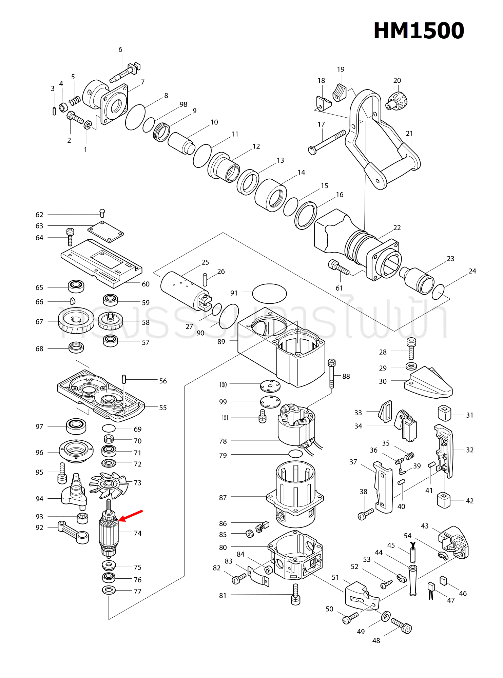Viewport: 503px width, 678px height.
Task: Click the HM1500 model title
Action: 419,31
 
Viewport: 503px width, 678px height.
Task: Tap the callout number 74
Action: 137,533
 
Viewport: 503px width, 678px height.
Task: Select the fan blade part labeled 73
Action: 109,485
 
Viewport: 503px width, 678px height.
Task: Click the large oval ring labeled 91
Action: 269,294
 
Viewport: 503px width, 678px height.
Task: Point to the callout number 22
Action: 397,228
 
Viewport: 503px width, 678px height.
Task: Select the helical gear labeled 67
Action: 76,321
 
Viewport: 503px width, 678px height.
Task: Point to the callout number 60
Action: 146,284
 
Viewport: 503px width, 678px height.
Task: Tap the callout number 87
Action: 223,498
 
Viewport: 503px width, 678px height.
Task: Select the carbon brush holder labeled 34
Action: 406,425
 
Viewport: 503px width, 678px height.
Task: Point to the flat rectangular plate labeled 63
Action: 106,232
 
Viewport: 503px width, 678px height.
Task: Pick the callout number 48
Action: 376,641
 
